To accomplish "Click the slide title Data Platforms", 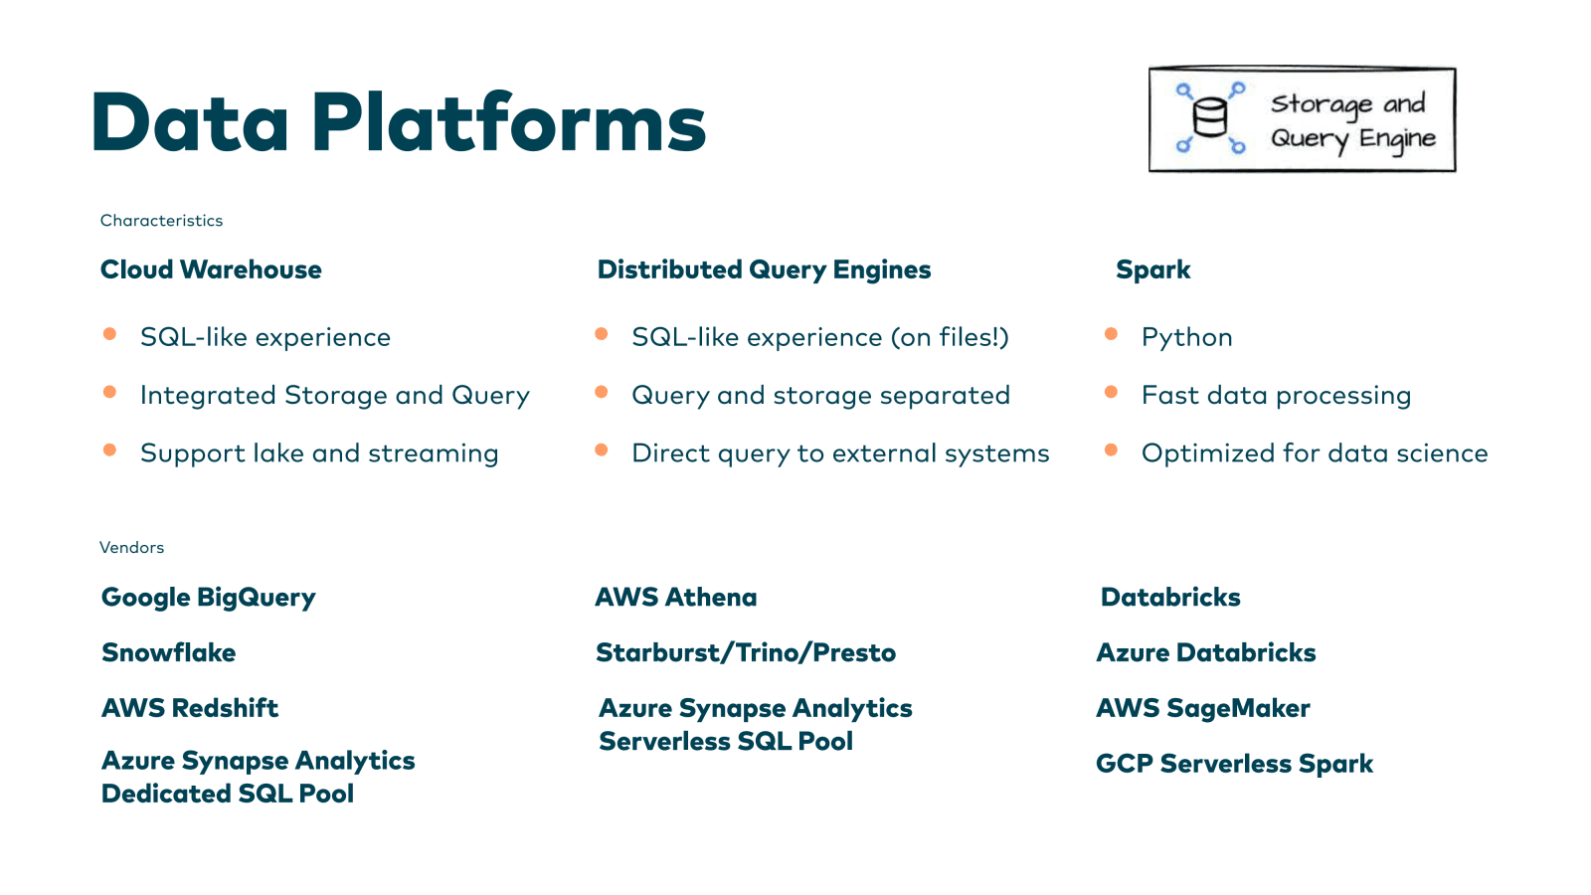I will tap(398, 122).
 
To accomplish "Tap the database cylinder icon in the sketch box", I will tap(1209, 118).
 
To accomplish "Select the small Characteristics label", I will tap(161, 221).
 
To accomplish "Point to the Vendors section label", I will tap(131, 548).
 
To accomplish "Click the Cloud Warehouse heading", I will tap(211, 269).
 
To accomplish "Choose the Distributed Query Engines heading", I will tap(764, 269).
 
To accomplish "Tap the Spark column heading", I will tap(1152, 269).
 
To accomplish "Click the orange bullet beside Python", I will tap(1111, 334).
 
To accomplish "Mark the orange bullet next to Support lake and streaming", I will tap(109, 450).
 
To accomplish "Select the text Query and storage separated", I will tap(820, 395).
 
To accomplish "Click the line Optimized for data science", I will tap(1314, 453).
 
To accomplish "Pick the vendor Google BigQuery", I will tap(208, 598).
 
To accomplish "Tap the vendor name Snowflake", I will tap(168, 653).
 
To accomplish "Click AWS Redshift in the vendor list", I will tap(189, 708).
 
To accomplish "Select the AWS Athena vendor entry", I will tap(675, 598).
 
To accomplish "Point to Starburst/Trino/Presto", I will tap(745, 653).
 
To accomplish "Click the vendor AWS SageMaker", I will tap(1202, 708).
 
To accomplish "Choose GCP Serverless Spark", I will tap(1233, 764).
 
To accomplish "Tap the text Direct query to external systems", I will tap(840, 453).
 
